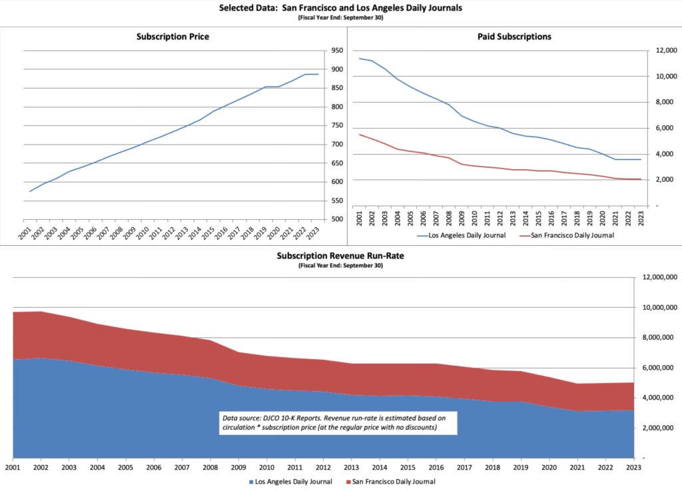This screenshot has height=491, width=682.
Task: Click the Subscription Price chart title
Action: (x=172, y=37)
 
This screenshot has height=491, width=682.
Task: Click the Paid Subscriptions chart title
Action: (x=514, y=37)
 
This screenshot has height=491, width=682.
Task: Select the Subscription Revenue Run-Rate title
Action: (x=340, y=256)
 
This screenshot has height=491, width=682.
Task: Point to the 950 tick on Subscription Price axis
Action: (x=336, y=51)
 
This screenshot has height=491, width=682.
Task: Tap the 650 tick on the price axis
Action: (x=336, y=163)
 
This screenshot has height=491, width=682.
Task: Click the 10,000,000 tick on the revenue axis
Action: (x=658, y=308)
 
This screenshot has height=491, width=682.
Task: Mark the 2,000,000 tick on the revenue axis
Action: (x=660, y=428)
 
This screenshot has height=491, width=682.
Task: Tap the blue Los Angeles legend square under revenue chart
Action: (x=251, y=482)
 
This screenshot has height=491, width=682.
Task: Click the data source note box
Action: (x=338, y=422)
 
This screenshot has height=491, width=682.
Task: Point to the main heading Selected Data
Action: (x=340, y=9)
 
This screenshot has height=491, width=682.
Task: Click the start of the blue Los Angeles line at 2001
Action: (x=360, y=59)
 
